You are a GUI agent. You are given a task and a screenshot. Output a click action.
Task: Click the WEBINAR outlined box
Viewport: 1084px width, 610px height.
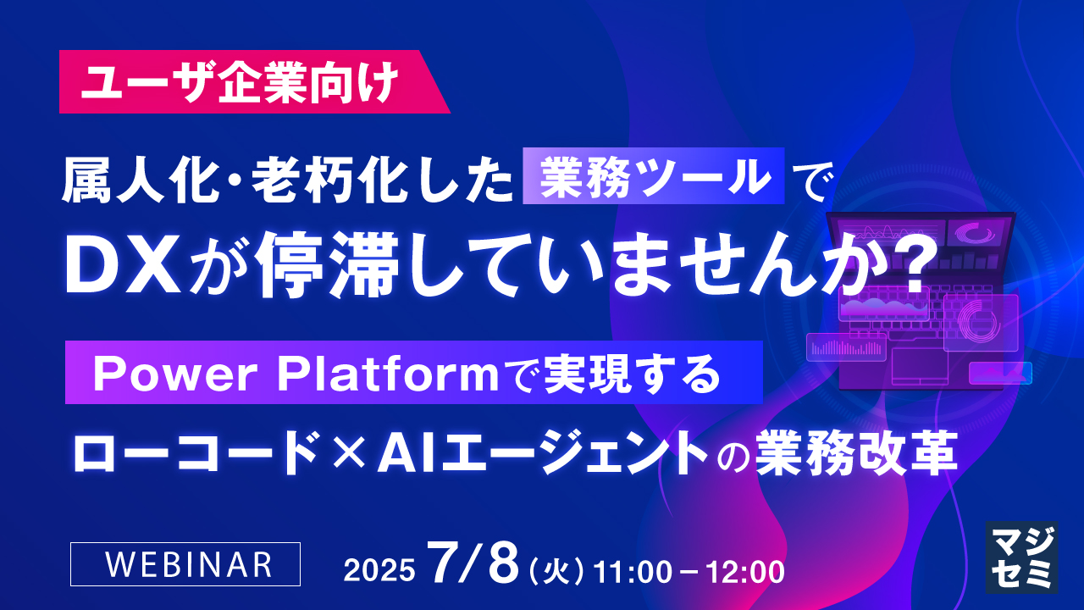pos(185,563)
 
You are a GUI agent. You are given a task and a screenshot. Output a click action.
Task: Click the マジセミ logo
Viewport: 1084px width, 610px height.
pos(1021,556)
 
